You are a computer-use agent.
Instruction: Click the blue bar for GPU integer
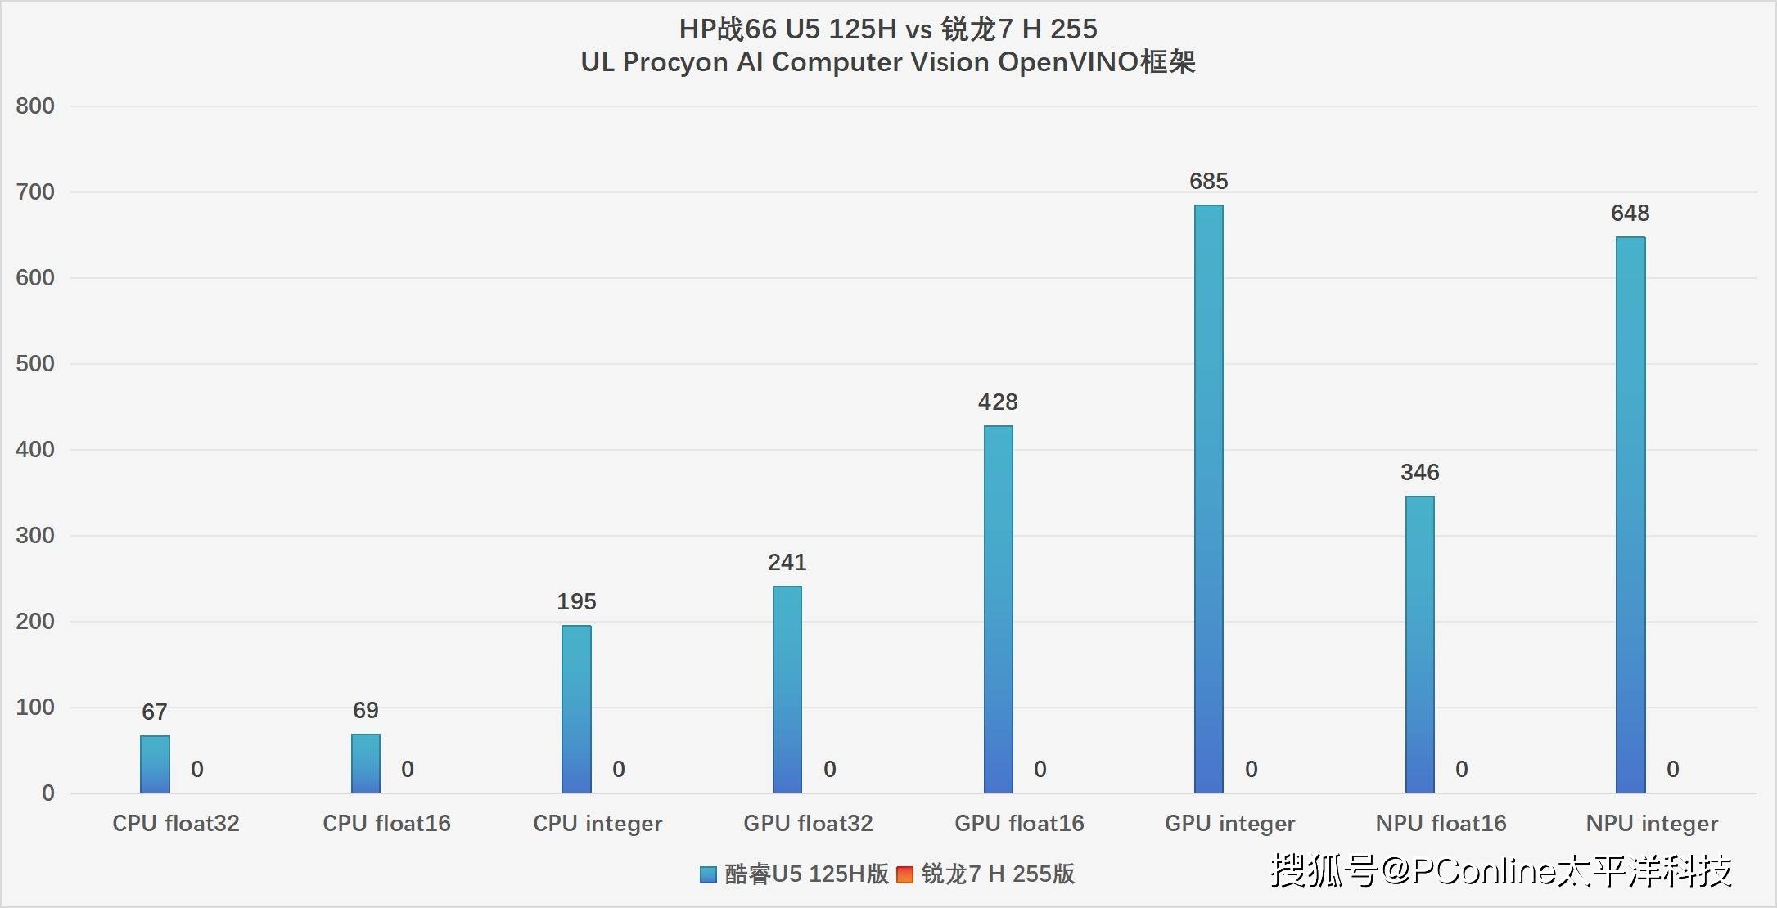1208,499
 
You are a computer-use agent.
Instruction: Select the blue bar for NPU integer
1630,515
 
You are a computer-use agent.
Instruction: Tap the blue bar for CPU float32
155,764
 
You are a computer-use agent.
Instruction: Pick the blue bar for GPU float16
998,609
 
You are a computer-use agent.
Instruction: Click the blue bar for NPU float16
1419,645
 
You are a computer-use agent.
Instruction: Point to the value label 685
1208,181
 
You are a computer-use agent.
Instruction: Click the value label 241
787,562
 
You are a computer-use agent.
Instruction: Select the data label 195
576,601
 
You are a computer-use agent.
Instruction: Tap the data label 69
365,710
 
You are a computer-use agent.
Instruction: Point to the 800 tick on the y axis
35,106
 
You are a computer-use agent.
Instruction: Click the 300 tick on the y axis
35,535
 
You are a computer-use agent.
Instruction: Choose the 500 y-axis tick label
35,363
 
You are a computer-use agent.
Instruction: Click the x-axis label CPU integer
598,823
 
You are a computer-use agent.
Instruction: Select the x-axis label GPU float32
808,823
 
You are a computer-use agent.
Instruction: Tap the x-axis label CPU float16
386,823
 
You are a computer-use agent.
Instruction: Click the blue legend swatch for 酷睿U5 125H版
708,874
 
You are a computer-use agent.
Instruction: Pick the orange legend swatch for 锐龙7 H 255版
904,874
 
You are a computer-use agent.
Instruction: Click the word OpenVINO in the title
1068,62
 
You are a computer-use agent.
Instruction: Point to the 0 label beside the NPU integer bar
1672,769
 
